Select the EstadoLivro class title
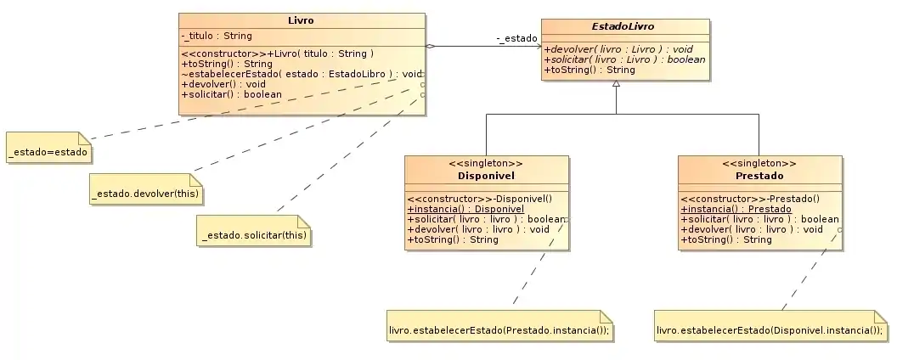pyautogui.click(x=623, y=26)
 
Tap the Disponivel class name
pyautogui.click(x=487, y=176)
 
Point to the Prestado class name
pyautogui.click(x=759, y=176)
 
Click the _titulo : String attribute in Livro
pyautogui.click(x=217, y=36)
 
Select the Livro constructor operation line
pyautogui.click(x=278, y=53)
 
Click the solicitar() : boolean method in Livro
pyautogui.click(x=220, y=94)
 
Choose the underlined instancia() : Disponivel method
pyautogui.click(x=465, y=209)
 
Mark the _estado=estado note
pyautogui.click(x=49, y=150)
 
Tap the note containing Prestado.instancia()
pyautogui.click(x=499, y=329)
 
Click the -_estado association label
pyautogui.click(x=516, y=38)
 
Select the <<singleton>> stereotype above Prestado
pyautogui.click(x=759, y=163)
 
